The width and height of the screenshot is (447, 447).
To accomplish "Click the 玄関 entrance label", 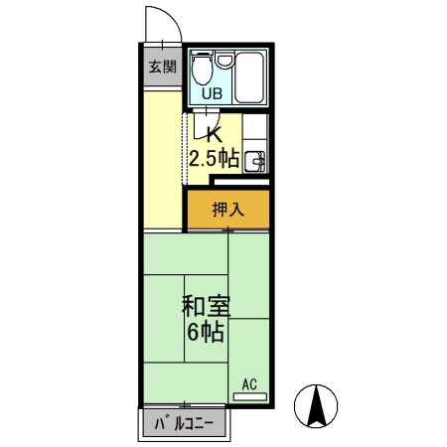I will (x=162, y=68).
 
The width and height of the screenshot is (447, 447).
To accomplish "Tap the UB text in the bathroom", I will (x=213, y=93).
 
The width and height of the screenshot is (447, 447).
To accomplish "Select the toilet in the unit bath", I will (x=203, y=69).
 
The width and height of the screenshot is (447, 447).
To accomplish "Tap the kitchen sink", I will (x=255, y=159).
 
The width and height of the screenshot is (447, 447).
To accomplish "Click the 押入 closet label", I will (x=228, y=210).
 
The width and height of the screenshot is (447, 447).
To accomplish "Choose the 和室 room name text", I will (x=206, y=304).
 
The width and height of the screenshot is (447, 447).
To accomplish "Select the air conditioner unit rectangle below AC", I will (x=249, y=395).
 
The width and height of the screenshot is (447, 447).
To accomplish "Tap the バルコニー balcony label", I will (x=184, y=426).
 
